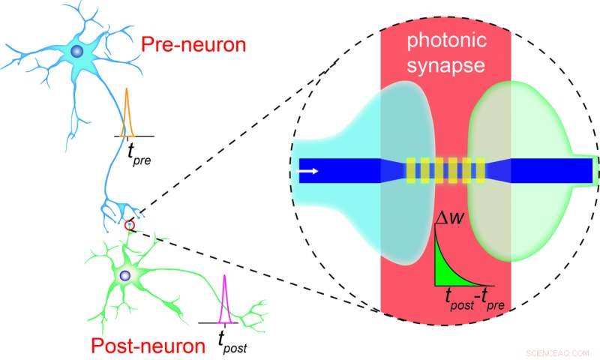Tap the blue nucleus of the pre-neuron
(x=76, y=52)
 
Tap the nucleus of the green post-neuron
(x=124, y=277)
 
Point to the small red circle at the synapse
(x=130, y=225)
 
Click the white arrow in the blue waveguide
(x=308, y=172)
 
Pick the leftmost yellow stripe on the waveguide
(x=410, y=171)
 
